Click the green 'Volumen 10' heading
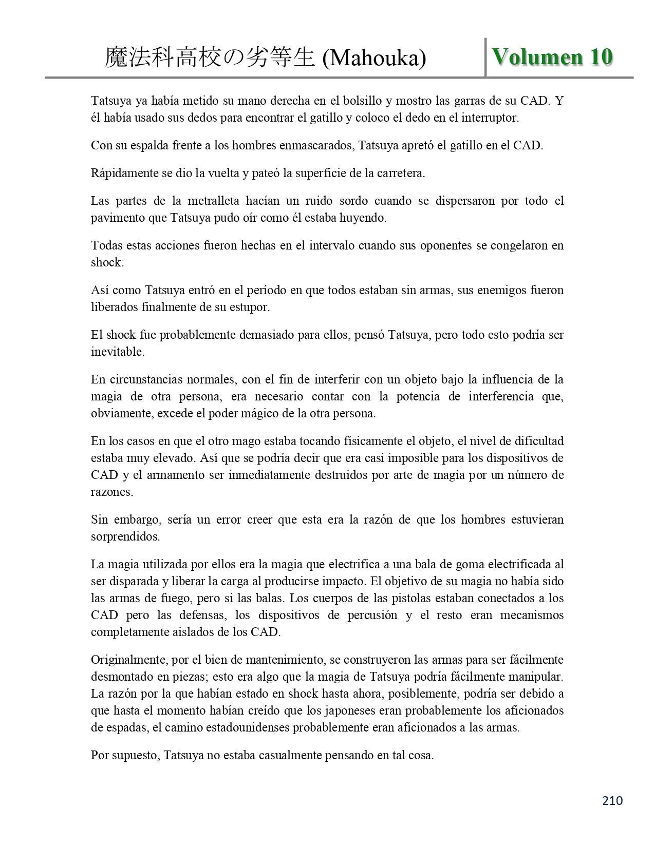(x=552, y=57)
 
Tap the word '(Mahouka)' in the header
(x=374, y=59)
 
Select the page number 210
(x=612, y=800)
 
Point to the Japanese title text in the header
(x=210, y=58)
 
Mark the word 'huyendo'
(x=364, y=218)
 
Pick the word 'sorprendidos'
(x=125, y=537)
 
